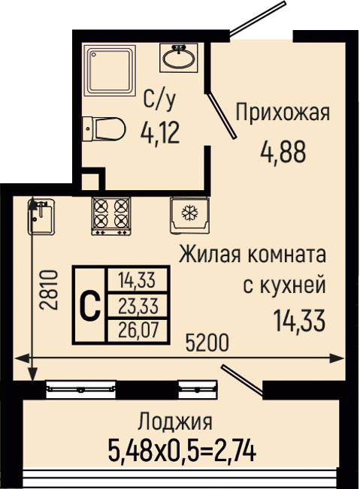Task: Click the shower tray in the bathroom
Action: coord(111,71)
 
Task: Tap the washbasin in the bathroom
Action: coord(179,58)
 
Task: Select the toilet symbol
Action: coord(103,129)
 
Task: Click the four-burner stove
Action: coord(110,216)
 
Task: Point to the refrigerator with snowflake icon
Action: coord(189,215)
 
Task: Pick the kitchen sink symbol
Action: coord(41,216)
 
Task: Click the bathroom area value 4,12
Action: coord(160,132)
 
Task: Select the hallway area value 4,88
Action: coord(283,152)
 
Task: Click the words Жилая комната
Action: coord(253,255)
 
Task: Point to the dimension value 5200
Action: coord(207,343)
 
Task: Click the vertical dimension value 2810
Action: coord(49,290)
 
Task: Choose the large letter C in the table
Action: coord(90,305)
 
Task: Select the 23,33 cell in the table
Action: coord(138,305)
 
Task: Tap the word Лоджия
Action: coord(176,421)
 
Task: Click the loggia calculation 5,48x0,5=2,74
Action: coord(182,450)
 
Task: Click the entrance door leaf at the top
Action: coord(258,17)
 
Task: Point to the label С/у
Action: coord(159,100)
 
